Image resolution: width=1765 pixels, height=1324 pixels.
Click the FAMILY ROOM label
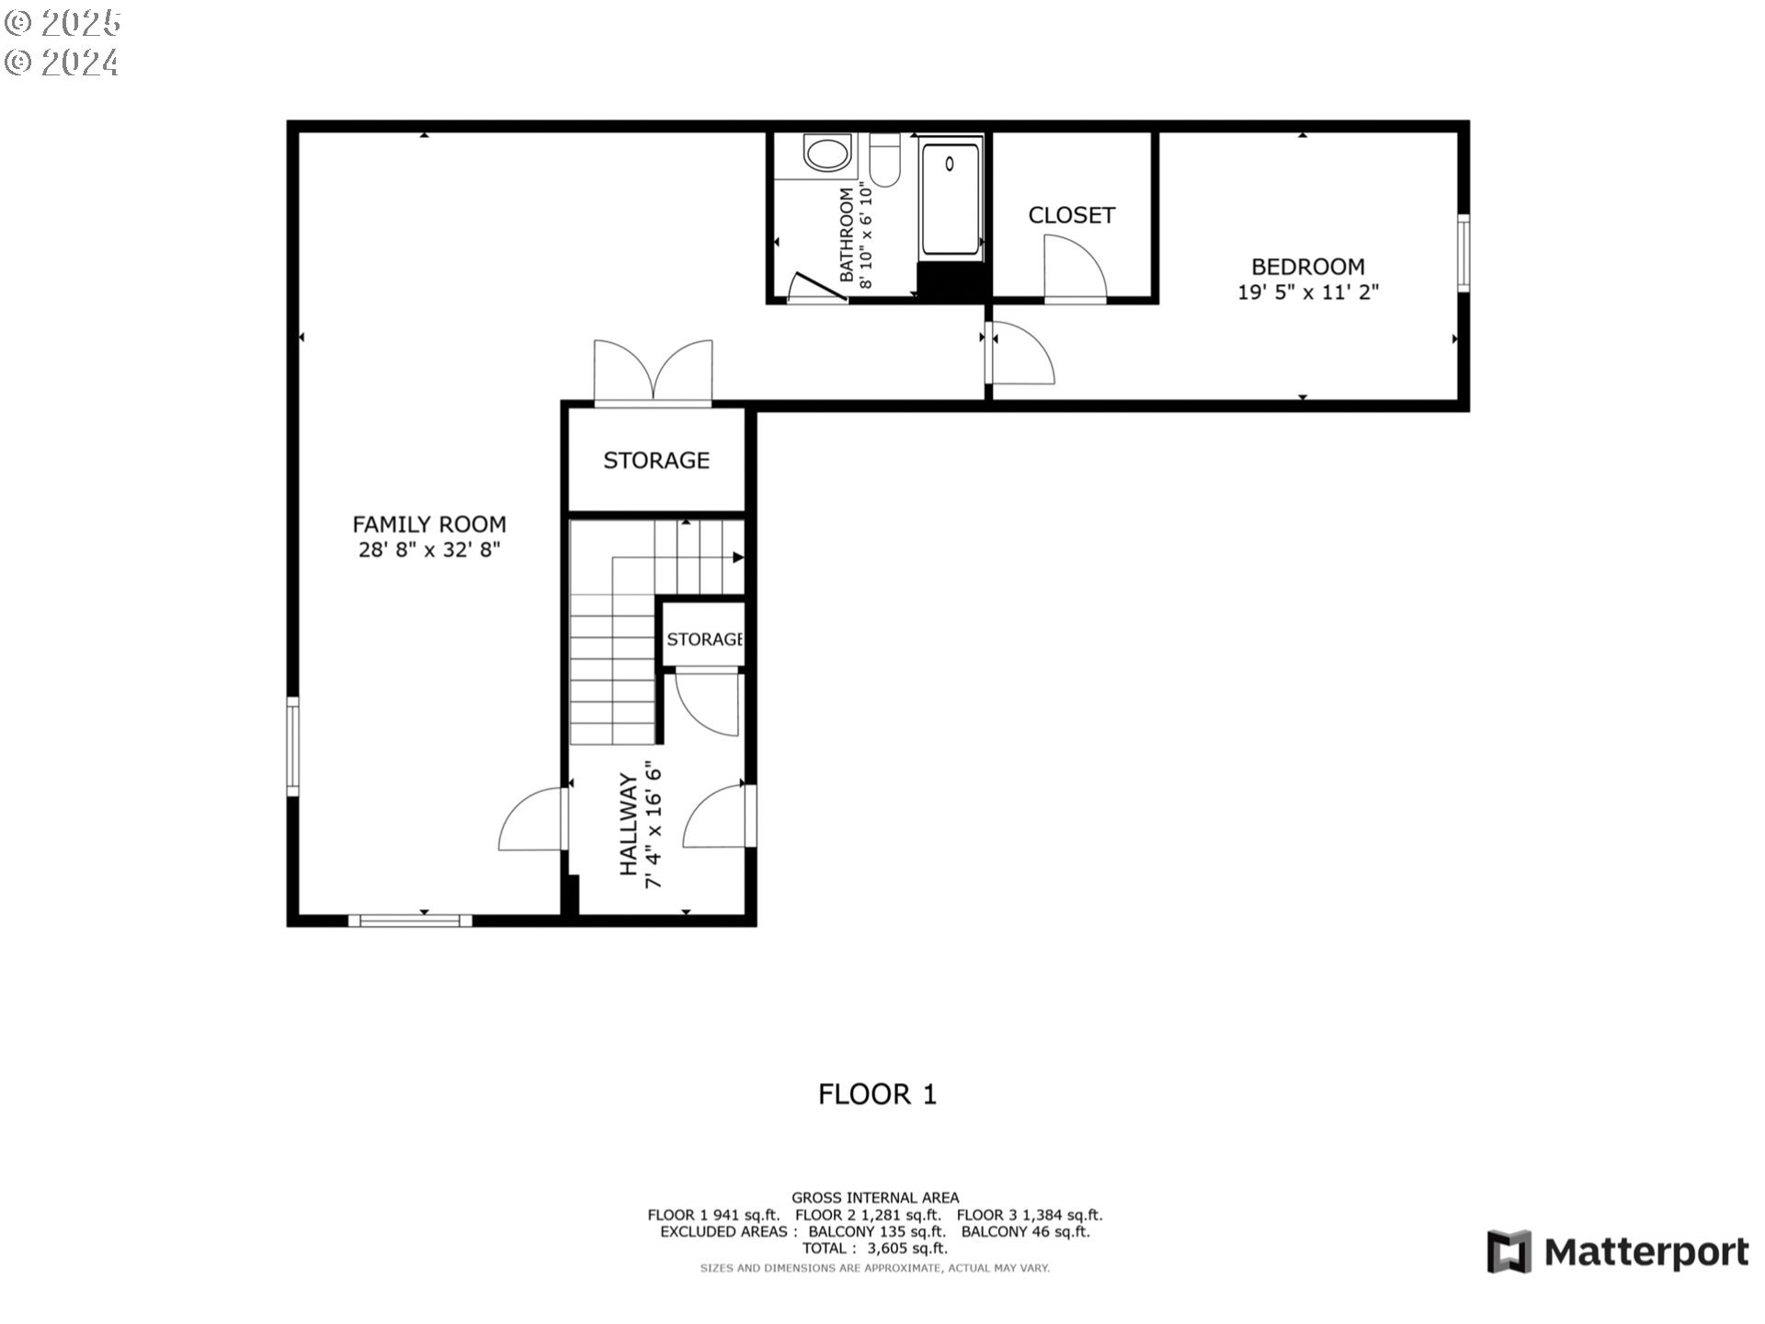pos(429,524)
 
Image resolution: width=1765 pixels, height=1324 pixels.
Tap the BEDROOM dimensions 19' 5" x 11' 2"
pos(1307,292)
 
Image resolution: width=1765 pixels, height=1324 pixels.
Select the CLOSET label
pos(1071,215)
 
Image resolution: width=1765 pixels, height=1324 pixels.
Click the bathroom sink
pos(826,153)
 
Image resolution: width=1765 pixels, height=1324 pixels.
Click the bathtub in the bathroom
pos(951,197)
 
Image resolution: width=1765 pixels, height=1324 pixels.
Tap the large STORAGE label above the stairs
pos(655,460)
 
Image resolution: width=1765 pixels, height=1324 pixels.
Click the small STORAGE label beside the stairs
pos(704,639)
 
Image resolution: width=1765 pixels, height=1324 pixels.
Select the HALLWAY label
pos(628,824)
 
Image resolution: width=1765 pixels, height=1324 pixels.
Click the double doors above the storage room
pos(653,372)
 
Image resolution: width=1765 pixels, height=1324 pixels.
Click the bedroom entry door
pos(1020,353)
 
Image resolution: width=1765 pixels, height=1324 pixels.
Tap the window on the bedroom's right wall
pos(1463,253)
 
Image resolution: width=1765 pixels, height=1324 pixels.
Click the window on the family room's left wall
pos(292,746)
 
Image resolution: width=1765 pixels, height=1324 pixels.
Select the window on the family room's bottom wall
pos(410,920)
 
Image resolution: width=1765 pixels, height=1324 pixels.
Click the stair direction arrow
pos(736,557)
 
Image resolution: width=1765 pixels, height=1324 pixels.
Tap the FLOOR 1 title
pos(877,1094)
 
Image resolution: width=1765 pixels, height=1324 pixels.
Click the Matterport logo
pos(1618,1252)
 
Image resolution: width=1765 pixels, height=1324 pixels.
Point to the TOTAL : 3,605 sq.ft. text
pos(874,1249)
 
